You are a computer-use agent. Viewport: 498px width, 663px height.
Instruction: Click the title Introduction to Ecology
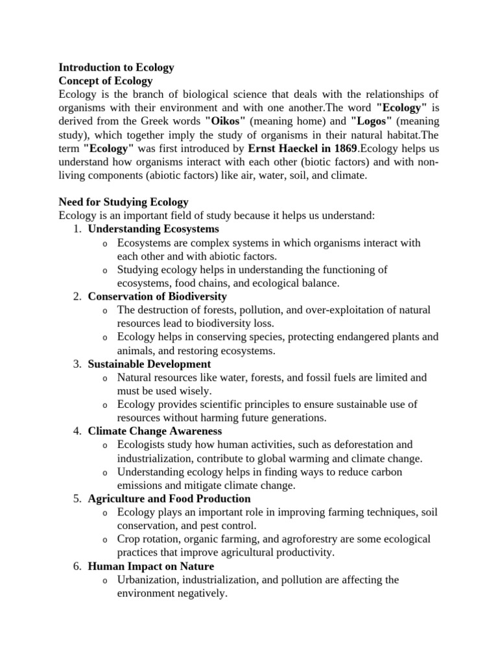(117, 67)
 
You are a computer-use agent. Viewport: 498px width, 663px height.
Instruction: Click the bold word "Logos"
(372, 121)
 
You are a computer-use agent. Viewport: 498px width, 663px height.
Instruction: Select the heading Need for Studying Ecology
(124, 202)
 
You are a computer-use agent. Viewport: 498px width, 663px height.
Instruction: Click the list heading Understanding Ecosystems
(154, 229)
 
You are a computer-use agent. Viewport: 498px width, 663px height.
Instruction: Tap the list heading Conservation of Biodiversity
(158, 297)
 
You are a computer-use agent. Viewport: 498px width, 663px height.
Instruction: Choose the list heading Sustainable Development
(150, 364)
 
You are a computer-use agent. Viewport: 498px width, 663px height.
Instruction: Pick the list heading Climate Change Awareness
(155, 431)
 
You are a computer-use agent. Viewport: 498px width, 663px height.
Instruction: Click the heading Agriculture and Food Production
(169, 499)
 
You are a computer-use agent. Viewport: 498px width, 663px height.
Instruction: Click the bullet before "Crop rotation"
(105, 540)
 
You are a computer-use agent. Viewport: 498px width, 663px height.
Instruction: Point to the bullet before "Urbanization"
(105, 581)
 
